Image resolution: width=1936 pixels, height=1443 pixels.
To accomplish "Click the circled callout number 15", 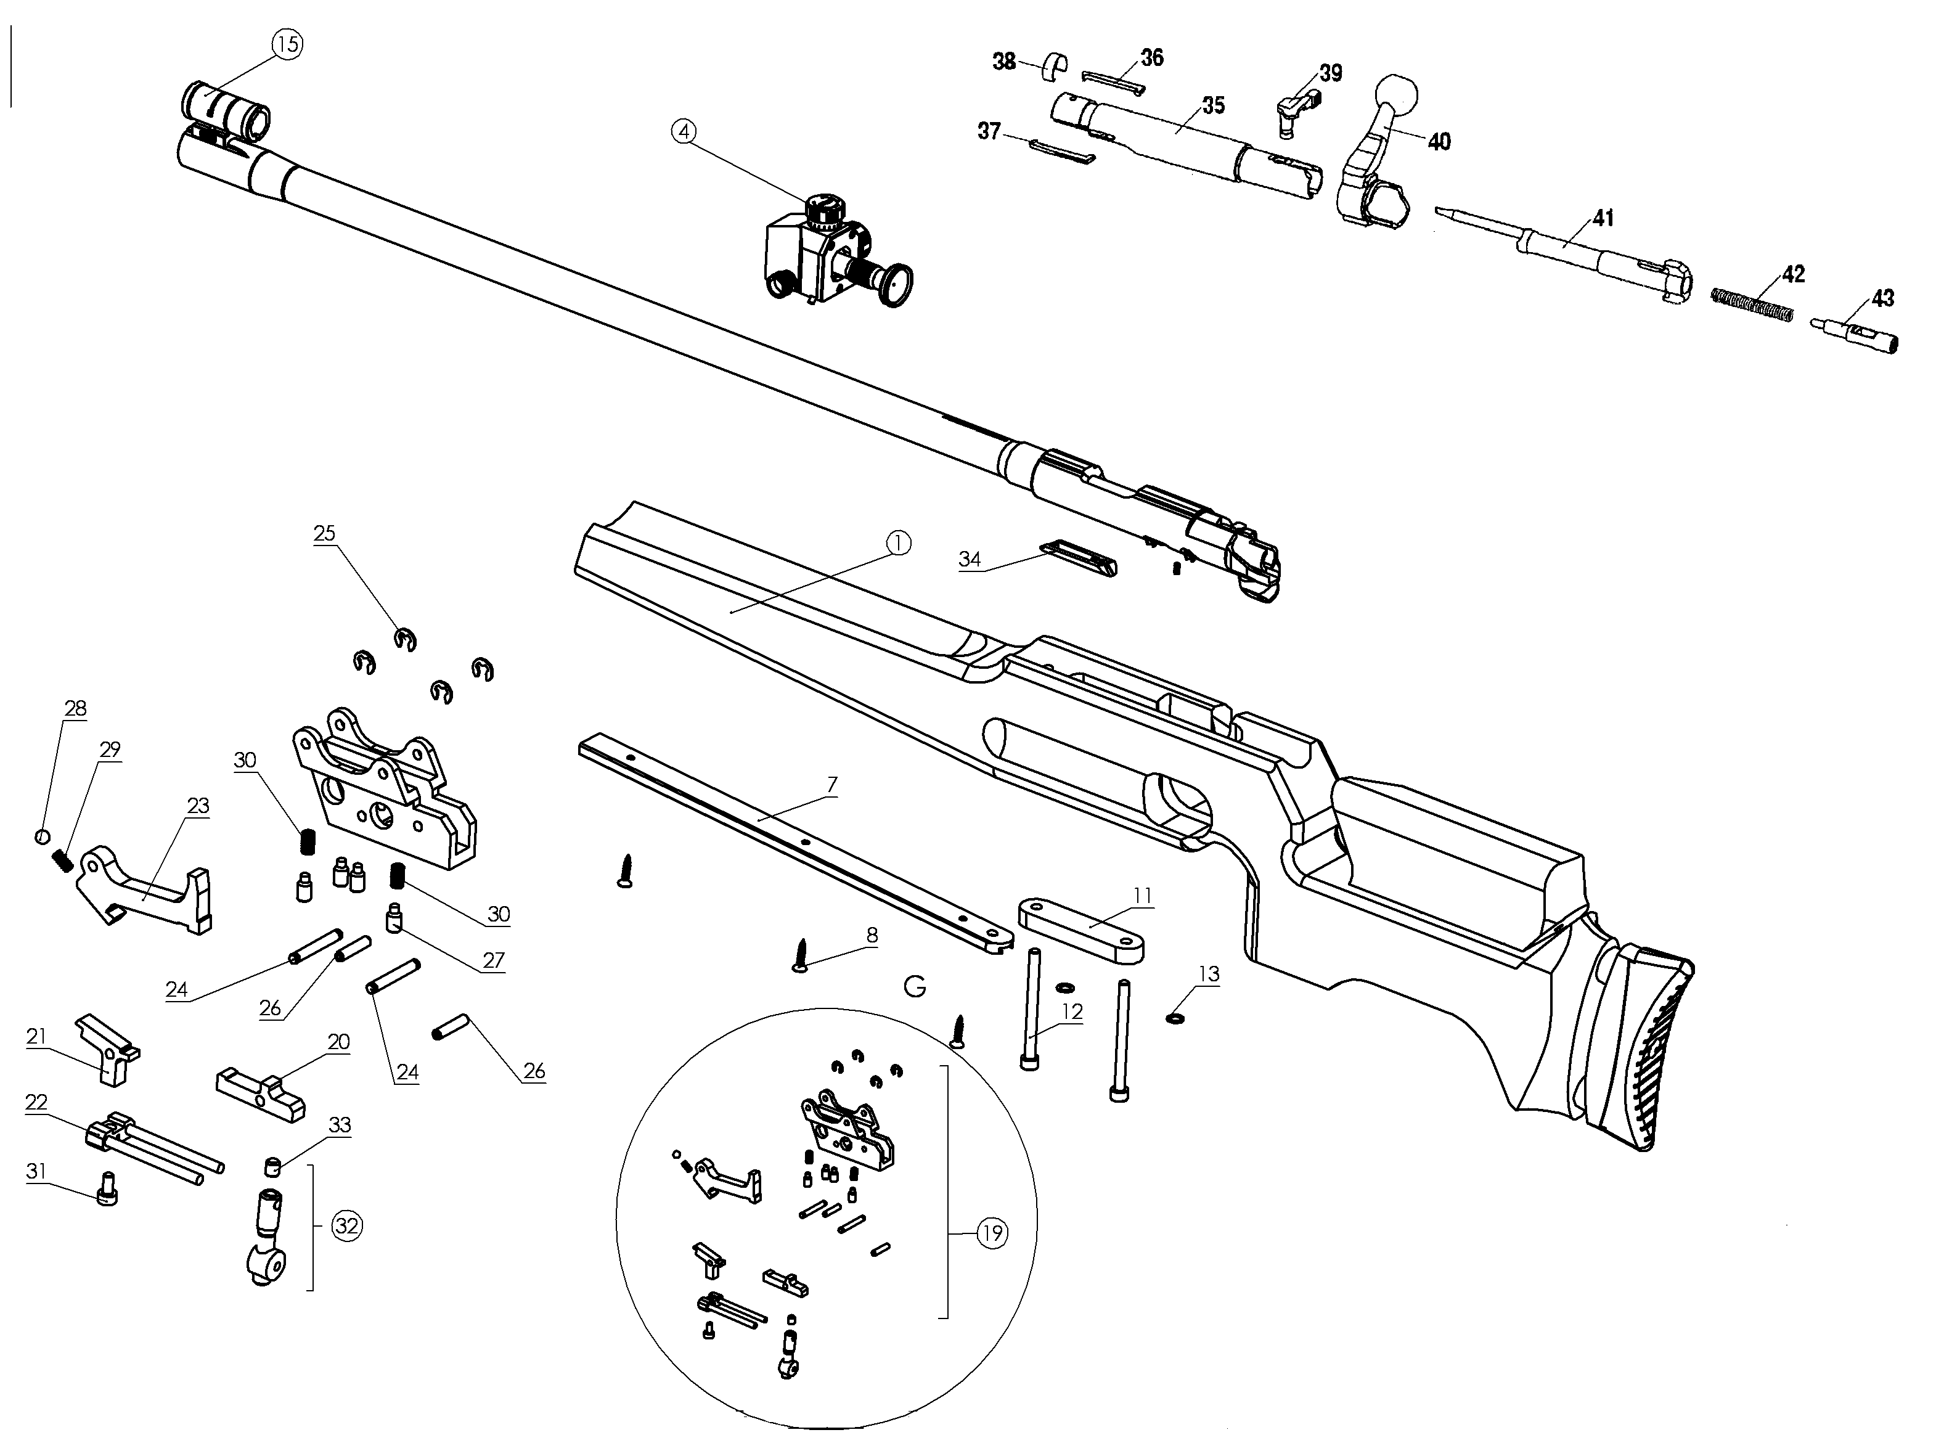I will (288, 44).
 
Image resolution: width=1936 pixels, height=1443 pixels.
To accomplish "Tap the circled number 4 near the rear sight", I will (684, 131).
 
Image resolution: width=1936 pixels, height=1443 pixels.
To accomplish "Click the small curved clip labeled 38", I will (1056, 65).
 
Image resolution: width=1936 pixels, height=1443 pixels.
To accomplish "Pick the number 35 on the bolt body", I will (1213, 105).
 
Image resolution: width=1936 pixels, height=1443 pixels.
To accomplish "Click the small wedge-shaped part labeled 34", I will (1077, 557).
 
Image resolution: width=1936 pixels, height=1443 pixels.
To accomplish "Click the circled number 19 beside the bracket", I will (992, 1233).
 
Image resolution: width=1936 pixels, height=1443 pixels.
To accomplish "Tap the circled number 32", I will (346, 1225).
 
